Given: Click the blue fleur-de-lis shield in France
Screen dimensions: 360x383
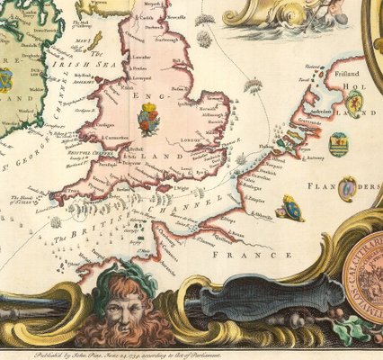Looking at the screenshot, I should (x=289, y=208).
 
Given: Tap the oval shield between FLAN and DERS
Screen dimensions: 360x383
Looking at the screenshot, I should (x=346, y=189).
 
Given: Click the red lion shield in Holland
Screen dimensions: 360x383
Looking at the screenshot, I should (x=355, y=103).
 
